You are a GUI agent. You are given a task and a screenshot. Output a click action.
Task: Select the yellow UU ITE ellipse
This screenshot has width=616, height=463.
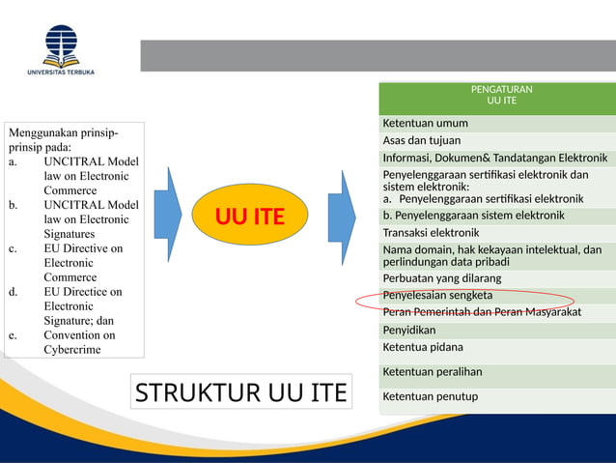point(249,216)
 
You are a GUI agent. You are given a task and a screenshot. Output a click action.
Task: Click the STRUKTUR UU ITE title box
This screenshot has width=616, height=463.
point(240,393)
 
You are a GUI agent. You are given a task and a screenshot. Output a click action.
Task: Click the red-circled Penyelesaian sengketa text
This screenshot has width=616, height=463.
point(437,295)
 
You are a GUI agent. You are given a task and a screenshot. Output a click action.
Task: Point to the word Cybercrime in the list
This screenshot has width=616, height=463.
point(71,350)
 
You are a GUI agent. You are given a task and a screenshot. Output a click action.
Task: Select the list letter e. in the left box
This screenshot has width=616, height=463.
point(14,335)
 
